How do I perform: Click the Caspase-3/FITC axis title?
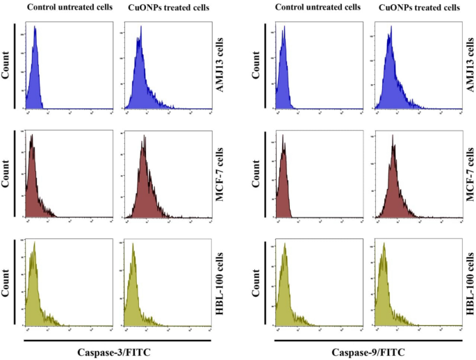point(117,352)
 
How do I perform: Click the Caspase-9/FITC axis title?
point(368,352)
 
